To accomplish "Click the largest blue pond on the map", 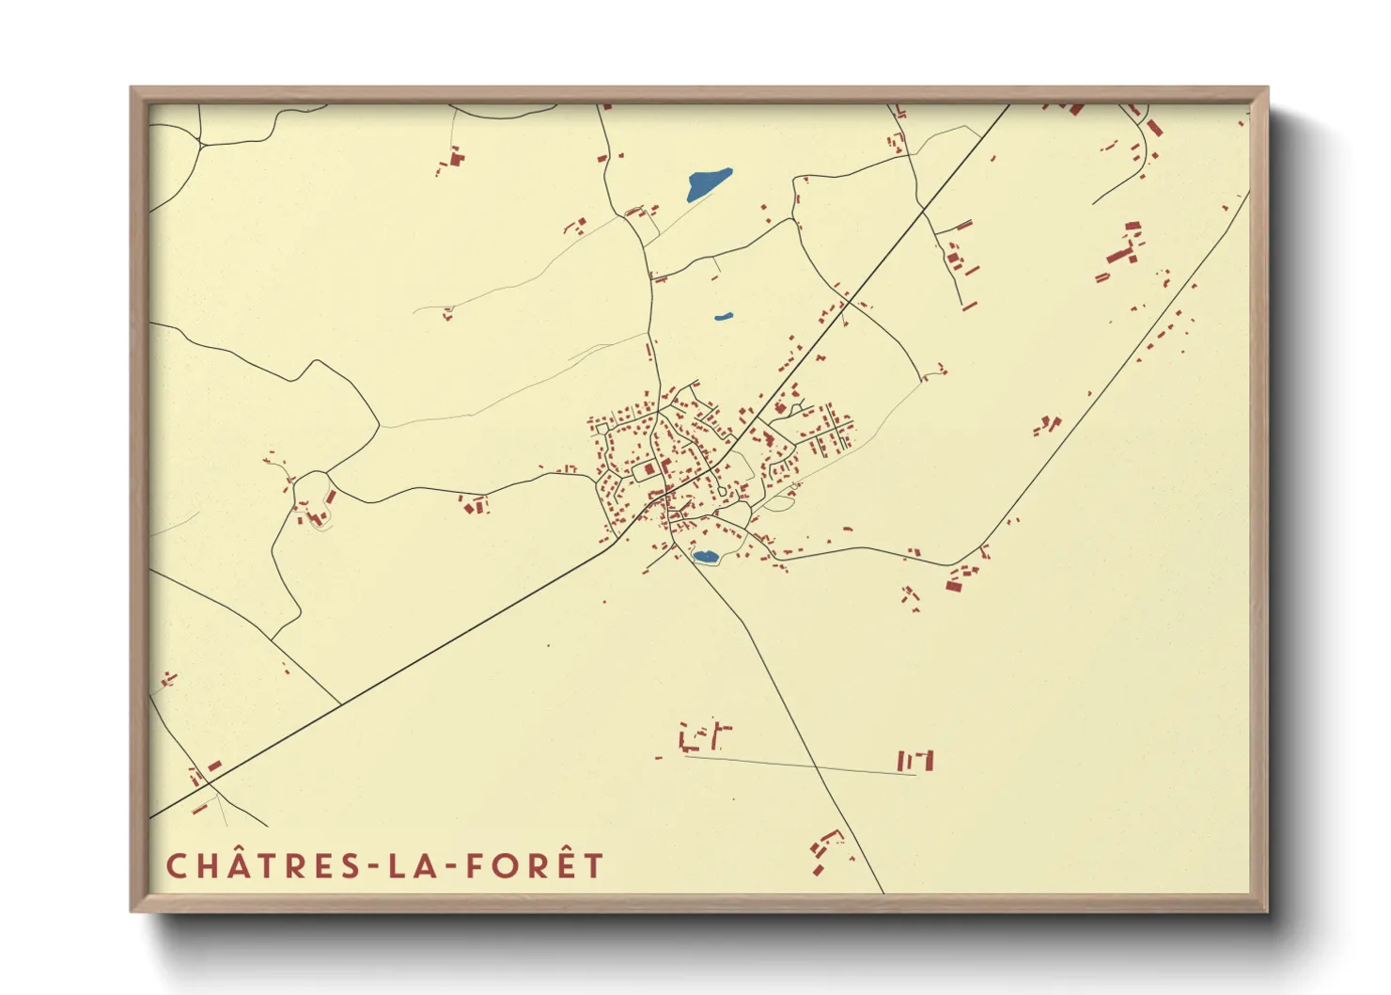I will (x=708, y=183).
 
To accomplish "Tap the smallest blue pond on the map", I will (x=723, y=317).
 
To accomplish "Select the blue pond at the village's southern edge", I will (x=705, y=557).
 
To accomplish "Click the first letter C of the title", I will (x=176, y=866).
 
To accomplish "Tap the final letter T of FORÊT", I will (x=592, y=866).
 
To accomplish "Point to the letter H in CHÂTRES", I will (x=207, y=866).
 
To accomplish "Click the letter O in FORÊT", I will (x=503, y=866).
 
